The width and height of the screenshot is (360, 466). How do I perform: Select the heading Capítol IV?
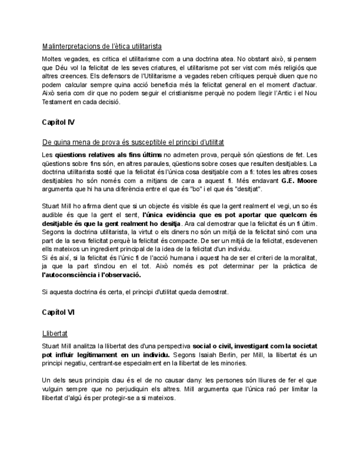click(58, 121)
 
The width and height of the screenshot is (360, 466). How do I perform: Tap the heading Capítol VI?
click(58, 312)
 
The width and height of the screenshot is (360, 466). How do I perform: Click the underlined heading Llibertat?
click(55, 333)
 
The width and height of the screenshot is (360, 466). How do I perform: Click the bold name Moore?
click(307, 180)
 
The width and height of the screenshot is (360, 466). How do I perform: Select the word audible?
click(54, 216)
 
